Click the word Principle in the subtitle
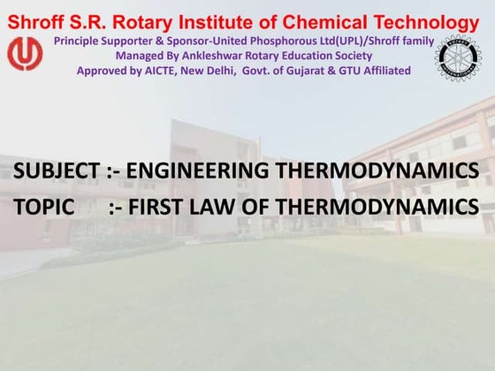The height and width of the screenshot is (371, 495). (x=79, y=42)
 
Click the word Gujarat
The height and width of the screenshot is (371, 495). (x=310, y=70)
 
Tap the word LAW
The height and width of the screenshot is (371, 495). (x=217, y=208)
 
